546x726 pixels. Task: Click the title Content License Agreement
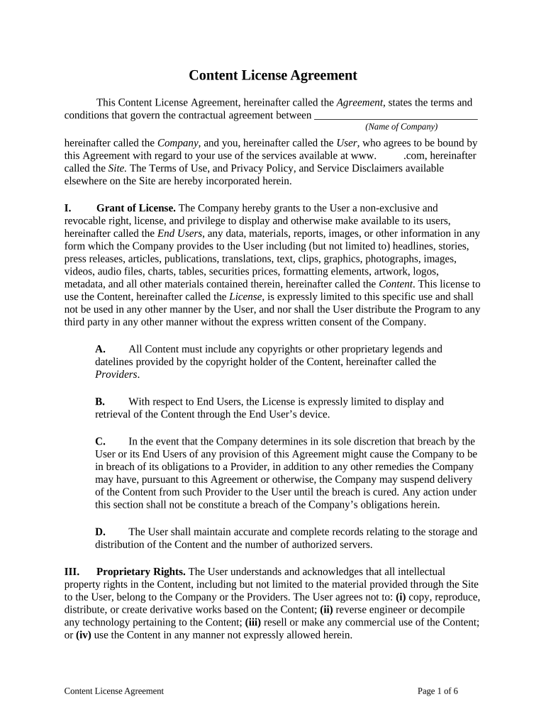[x=272, y=75]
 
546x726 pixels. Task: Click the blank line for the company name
[x=395, y=116]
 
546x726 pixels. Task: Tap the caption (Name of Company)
[x=401, y=127]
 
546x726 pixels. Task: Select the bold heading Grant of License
[x=136, y=208]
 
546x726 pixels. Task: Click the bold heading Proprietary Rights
[x=141, y=571]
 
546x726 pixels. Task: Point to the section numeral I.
[x=68, y=208]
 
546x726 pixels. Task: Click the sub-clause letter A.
[x=100, y=349]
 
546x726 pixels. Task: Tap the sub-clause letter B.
[x=100, y=401]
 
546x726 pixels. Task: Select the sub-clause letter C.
[x=100, y=441]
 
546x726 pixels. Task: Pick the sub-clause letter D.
[x=100, y=532]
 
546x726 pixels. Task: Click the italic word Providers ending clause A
[x=116, y=374]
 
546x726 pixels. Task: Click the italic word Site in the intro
[x=116, y=168]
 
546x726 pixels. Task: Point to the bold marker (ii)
[x=326, y=610]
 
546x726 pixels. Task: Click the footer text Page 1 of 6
[x=438, y=691]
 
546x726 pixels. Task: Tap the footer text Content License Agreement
[x=113, y=691]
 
